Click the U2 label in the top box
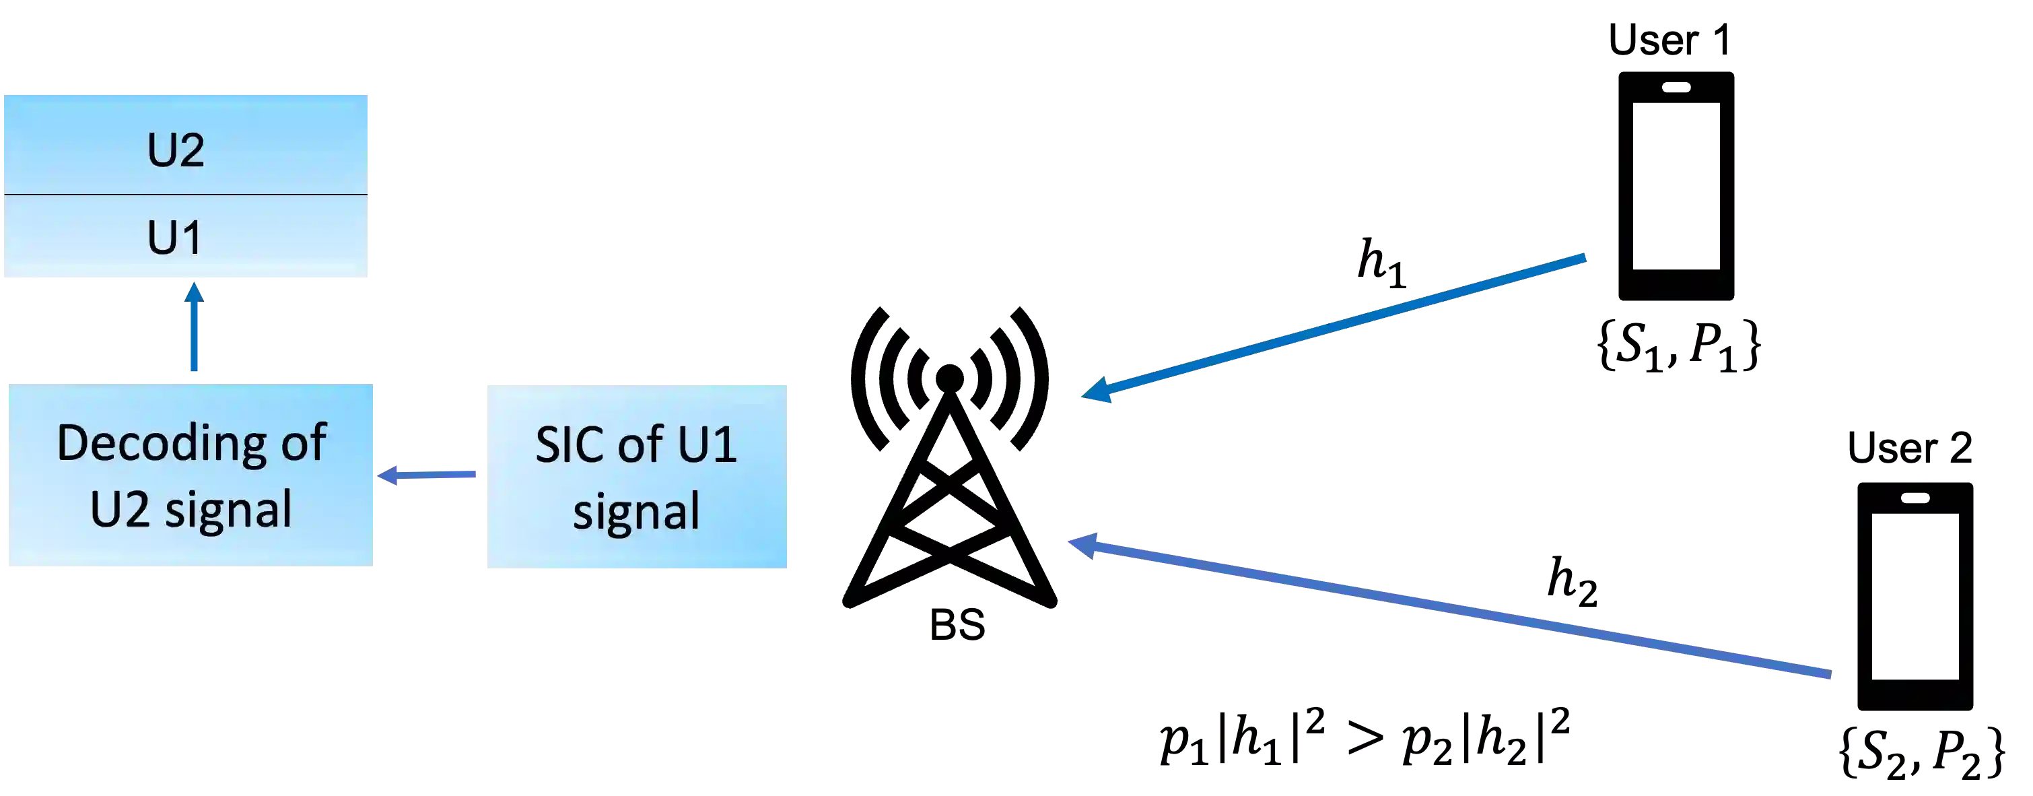point(175,150)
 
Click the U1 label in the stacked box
point(175,237)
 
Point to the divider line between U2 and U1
point(186,194)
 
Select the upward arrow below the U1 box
point(193,331)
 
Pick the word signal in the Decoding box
point(229,511)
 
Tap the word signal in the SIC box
point(636,512)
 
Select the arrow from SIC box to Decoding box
point(430,475)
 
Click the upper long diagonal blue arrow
point(1334,324)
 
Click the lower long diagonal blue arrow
point(1452,609)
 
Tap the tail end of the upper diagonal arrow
point(1583,257)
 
